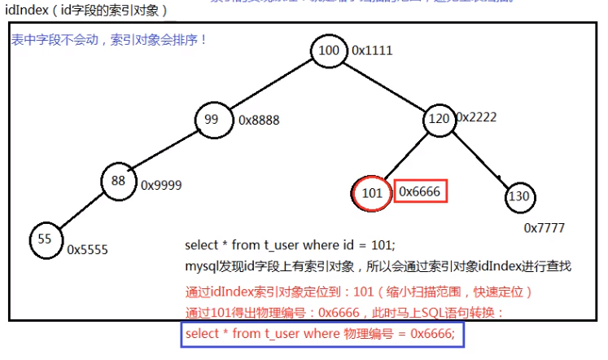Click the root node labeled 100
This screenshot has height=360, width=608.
(x=329, y=51)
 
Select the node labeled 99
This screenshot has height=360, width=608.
(x=212, y=121)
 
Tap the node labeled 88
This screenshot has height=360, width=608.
(x=119, y=182)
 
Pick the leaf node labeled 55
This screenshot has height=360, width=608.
(x=46, y=239)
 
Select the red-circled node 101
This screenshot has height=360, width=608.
(x=371, y=194)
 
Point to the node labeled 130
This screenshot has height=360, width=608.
(x=518, y=196)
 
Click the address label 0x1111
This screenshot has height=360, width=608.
(x=372, y=50)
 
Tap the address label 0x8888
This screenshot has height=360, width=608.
(x=259, y=121)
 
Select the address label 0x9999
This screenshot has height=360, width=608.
(x=161, y=185)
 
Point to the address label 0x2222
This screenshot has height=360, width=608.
(x=476, y=117)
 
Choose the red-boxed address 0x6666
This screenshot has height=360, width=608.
(x=421, y=192)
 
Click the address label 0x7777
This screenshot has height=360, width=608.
(x=545, y=228)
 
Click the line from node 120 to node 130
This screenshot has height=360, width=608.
(x=479, y=157)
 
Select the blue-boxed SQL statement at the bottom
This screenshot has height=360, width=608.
(x=324, y=334)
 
